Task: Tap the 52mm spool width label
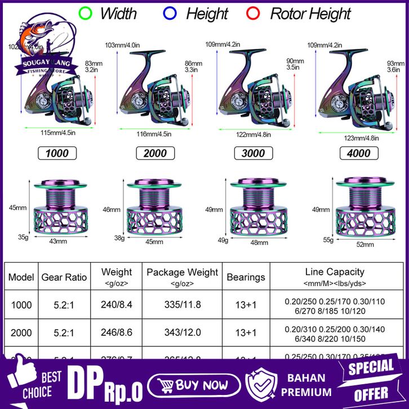point(364,244)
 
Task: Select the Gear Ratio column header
point(64,277)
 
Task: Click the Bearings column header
point(246,277)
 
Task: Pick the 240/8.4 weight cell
point(116,305)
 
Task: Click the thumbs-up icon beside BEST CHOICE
point(17,384)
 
